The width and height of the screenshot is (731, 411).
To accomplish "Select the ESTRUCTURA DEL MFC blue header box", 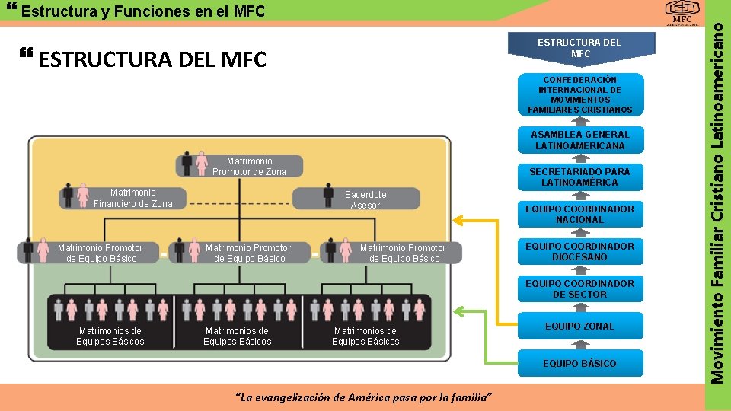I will (x=579, y=47).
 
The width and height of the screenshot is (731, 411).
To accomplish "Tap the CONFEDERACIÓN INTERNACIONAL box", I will (x=579, y=94).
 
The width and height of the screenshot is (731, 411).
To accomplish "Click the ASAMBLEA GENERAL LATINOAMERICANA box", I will (x=579, y=140).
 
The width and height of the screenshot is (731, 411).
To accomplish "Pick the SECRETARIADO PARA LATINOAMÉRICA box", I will (x=579, y=177).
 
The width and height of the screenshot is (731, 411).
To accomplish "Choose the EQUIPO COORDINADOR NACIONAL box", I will (x=579, y=214).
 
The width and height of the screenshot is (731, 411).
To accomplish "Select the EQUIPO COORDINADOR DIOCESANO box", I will (x=579, y=251).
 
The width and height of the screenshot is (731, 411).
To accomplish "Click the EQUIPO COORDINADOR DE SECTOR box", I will (x=579, y=288).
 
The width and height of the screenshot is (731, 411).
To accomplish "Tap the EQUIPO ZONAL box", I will (x=579, y=326).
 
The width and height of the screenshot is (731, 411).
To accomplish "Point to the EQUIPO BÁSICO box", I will (x=579, y=363).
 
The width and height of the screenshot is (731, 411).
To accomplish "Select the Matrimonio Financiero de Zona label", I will (x=132, y=198).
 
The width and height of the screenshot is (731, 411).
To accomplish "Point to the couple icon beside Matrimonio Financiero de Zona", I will (x=75, y=196).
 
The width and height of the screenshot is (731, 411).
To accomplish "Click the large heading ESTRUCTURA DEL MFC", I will (x=152, y=59).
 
